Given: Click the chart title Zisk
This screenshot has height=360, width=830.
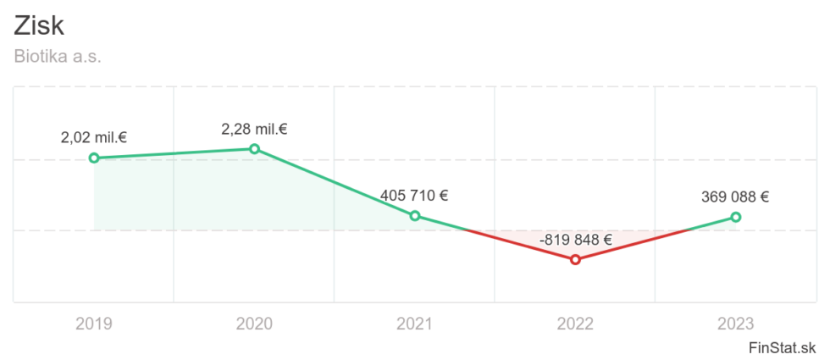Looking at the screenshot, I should (x=39, y=25).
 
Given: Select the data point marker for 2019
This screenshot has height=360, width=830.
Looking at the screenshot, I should (x=94, y=158).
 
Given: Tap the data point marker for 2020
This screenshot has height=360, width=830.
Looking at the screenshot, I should (x=254, y=149).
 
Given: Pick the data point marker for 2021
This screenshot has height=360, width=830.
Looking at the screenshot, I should (x=415, y=216).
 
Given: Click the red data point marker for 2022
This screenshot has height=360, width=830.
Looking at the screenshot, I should (x=575, y=259).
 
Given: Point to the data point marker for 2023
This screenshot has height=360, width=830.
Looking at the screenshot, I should (x=735, y=217).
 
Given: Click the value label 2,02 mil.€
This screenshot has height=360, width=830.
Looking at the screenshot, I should (x=94, y=137).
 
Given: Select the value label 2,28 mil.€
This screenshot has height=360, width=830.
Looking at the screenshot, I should (x=254, y=129).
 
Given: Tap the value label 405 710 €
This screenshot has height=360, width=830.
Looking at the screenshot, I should (x=414, y=196).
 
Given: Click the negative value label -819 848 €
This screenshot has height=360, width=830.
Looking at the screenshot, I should (x=575, y=239).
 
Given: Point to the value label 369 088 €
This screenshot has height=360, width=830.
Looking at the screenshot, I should (x=735, y=197).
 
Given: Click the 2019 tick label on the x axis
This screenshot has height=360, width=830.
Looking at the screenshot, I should (x=94, y=323).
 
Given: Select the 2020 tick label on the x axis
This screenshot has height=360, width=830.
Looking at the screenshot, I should (x=254, y=323).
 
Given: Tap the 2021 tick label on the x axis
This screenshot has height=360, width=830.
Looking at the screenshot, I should (x=415, y=323).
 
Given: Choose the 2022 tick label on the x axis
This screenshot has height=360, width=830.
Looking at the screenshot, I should (x=575, y=323).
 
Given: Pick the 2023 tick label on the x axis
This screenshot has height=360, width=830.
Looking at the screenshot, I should (x=735, y=323).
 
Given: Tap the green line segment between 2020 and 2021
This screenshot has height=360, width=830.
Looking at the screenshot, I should (x=335, y=183).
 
